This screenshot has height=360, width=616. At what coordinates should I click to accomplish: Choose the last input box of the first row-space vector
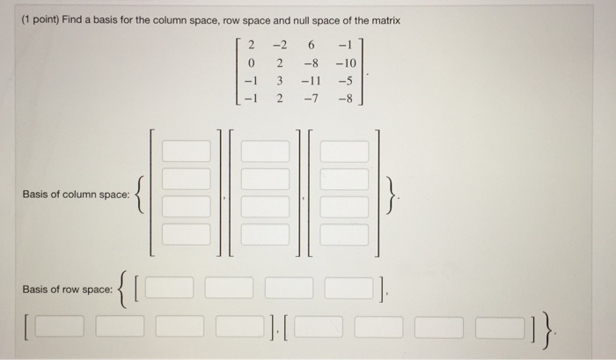[348, 288]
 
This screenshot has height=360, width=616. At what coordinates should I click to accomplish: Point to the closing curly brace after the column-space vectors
[395, 195]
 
